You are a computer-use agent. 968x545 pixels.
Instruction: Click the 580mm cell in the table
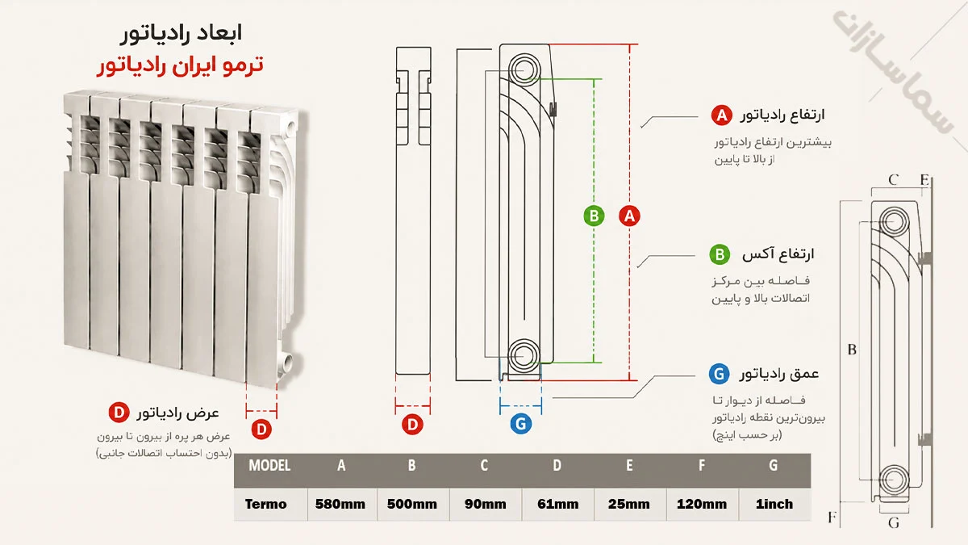340,504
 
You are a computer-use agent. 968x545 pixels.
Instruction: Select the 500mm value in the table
412,504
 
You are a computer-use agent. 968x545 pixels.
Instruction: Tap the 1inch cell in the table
774,504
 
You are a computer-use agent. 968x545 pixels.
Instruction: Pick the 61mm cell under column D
558,504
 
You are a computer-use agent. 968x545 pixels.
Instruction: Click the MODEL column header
269,465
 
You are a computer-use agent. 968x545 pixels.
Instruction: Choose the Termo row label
265,504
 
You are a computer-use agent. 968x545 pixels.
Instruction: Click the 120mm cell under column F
702,504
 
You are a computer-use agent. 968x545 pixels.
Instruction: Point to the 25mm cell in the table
628,504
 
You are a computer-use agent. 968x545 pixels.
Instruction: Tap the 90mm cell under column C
486,504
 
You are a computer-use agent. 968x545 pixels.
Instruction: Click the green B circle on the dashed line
594,216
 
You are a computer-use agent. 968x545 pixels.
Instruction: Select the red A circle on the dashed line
629,216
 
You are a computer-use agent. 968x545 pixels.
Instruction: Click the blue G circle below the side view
521,424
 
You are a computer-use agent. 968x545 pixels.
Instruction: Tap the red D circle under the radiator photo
261,430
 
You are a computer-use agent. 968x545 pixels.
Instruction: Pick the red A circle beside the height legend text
722,115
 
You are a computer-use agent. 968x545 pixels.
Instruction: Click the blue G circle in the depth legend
719,374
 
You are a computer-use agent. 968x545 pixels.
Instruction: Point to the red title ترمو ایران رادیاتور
180,65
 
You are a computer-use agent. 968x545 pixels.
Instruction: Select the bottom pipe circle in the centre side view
524,355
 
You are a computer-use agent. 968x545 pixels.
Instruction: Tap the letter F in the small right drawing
832,518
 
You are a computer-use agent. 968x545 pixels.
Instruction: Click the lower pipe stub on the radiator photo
287,360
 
